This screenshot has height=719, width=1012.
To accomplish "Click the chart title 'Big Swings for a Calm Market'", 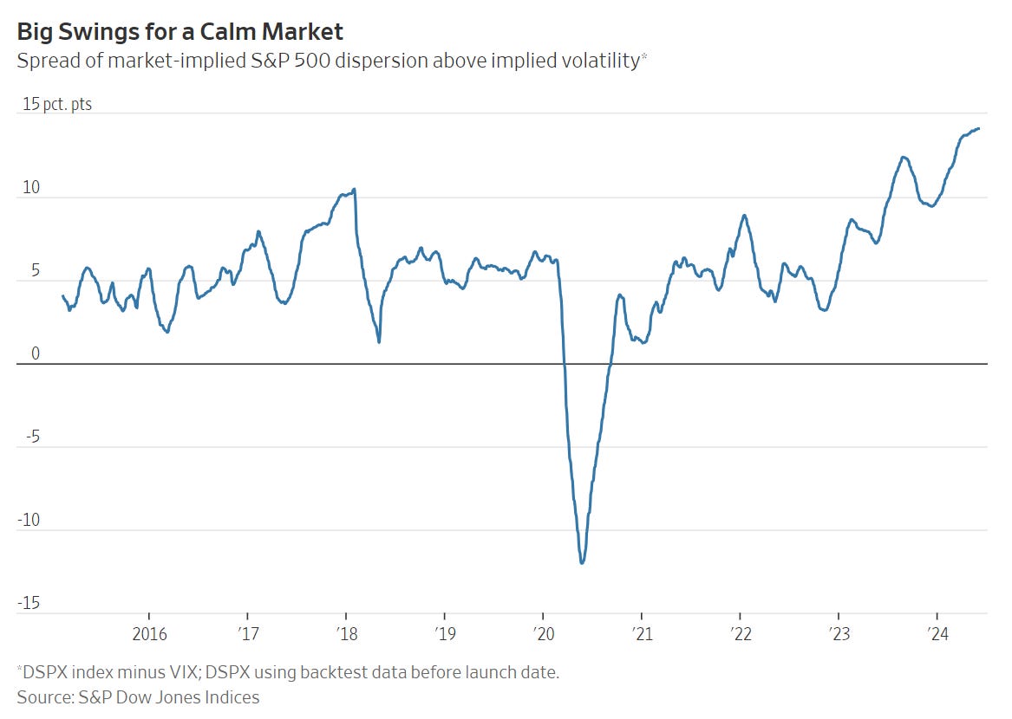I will click(x=180, y=32).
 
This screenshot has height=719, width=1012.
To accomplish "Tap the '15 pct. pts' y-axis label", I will click(x=57, y=104).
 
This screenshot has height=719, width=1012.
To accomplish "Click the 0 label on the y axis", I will click(x=36, y=353).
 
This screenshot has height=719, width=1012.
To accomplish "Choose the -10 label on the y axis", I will click(x=31, y=520).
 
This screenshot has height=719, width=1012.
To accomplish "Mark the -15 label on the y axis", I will click(x=31, y=603).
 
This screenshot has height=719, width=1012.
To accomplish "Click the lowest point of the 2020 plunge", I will click(x=582, y=563).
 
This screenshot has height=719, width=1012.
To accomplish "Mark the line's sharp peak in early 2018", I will click(x=355, y=189).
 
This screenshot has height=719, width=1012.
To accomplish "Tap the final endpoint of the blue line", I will click(x=979, y=128).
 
